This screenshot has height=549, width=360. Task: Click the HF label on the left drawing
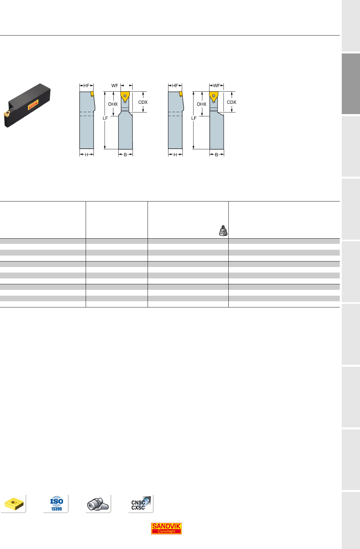click(86, 85)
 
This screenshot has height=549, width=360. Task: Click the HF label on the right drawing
click(175, 85)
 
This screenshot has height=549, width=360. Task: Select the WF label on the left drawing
click(115, 85)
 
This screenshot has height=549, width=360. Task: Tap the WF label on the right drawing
click(217, 85)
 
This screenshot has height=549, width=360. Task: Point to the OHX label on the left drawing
click(113, 104)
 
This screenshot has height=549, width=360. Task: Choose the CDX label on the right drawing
click(231, 102)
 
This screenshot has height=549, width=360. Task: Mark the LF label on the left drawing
click(105, 118)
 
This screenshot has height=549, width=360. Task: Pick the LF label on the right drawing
click(194, 118)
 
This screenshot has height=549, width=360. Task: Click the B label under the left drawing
click(125, 155)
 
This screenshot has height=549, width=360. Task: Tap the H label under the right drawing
click(175, 155)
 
